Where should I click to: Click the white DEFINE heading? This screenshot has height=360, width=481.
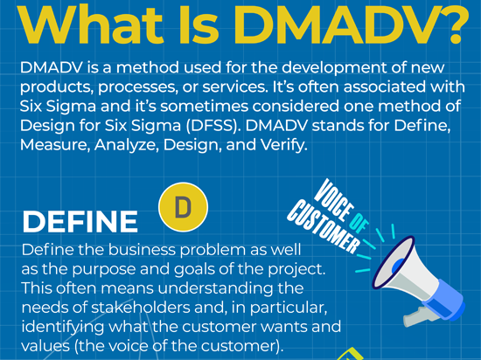(x=80, y=222)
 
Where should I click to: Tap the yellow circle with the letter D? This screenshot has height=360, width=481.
(x=183, y=207)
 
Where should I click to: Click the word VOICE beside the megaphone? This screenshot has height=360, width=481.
(x=334, y=200)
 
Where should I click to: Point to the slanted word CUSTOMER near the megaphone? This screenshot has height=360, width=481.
(x=324, y=226)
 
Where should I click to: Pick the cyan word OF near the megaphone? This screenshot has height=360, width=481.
(x=359, y=224)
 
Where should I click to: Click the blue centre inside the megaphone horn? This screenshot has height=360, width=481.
(x=398, y=266)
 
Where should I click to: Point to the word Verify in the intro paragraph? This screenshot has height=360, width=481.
(x=283, y=145)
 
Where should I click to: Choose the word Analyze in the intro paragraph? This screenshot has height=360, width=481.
(x=127, y=145)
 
